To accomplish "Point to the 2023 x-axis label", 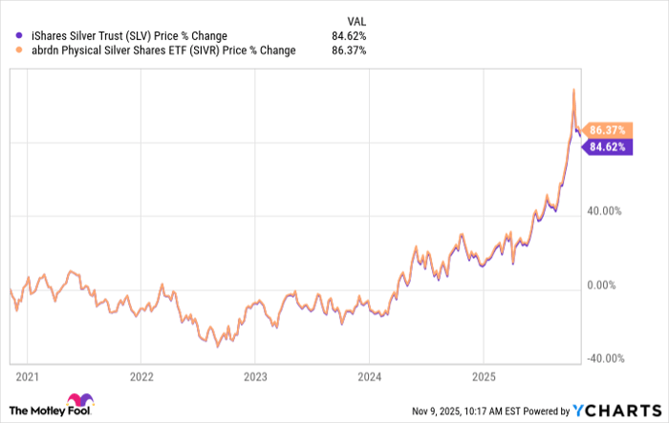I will [x=255, y=375].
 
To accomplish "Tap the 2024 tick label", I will [x=369, y=375].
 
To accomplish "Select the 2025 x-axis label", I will [x=484, y=375].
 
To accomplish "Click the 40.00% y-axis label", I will [x=604, y=212].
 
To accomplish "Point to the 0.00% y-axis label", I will [x=607, y=286].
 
